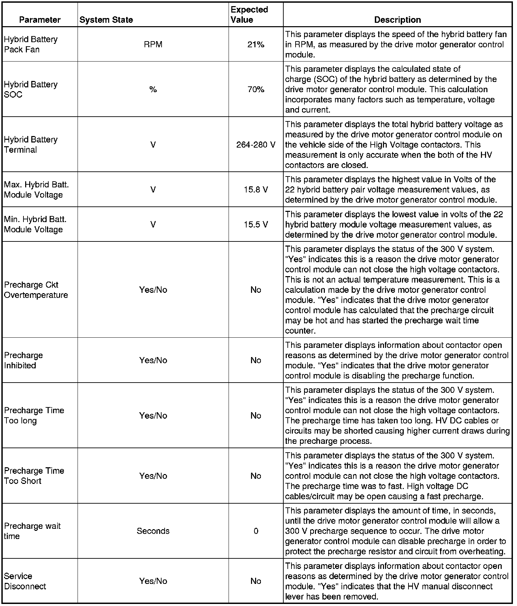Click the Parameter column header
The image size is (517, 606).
point(40,20)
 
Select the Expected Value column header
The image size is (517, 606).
point(249,15)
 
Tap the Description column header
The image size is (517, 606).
point(397,20)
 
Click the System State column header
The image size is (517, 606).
point(106,20)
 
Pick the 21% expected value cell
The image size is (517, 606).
point(256,45)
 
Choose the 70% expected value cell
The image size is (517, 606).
point(256,89)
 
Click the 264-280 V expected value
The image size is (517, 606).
point(256,145)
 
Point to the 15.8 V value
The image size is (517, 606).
point(256,190)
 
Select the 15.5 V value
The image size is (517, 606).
point(256,224)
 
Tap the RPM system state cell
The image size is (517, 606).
point(153,45)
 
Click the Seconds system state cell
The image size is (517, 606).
point(153,531)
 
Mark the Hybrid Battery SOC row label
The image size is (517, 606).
point(31,89)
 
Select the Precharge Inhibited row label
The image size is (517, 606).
point(23,360)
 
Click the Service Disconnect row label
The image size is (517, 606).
point(25,581)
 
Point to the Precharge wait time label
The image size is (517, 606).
point(32,531)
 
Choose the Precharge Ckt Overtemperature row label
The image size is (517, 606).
point(36,290)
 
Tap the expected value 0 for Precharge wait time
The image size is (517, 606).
point(256,531)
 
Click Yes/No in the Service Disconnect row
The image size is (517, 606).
point(153,581)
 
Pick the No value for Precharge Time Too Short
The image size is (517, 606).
point(256,476)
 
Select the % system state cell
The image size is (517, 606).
point(153,89)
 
